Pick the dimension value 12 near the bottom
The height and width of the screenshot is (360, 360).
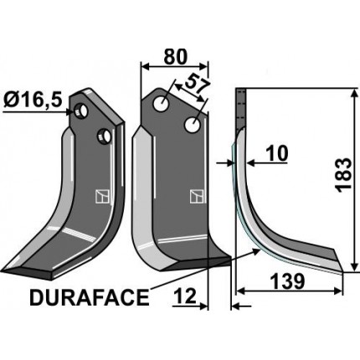[x=186, y=294]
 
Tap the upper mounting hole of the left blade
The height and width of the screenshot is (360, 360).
[x=81, y=110]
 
